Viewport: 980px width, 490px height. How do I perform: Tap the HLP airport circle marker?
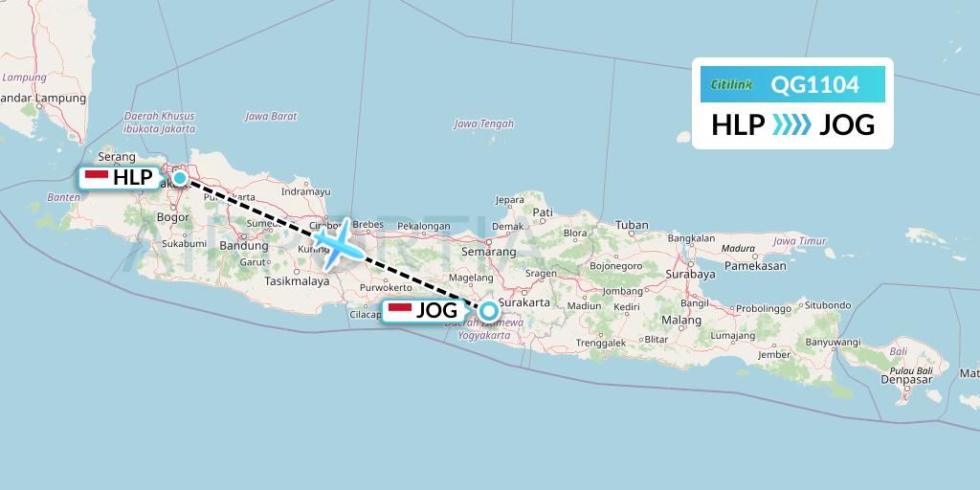pos(179,177)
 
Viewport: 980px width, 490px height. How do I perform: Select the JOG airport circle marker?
pos(489,310)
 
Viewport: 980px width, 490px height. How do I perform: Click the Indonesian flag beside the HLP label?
pos(96,177)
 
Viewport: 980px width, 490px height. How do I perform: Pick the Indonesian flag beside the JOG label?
pos(399,310)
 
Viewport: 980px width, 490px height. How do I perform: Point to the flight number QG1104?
pos(814,85)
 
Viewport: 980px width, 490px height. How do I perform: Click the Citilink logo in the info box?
pos(732,85)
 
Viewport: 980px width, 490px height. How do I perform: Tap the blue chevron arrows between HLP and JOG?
pos(791,124)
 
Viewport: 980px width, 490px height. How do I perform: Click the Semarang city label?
pos(488,252)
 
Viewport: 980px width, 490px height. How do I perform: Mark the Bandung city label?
pos(243,245)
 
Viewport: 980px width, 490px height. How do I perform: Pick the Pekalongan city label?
pos(423,226)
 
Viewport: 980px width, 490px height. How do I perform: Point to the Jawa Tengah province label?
pos(483,123)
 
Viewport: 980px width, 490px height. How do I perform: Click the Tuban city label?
pos(631,226)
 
